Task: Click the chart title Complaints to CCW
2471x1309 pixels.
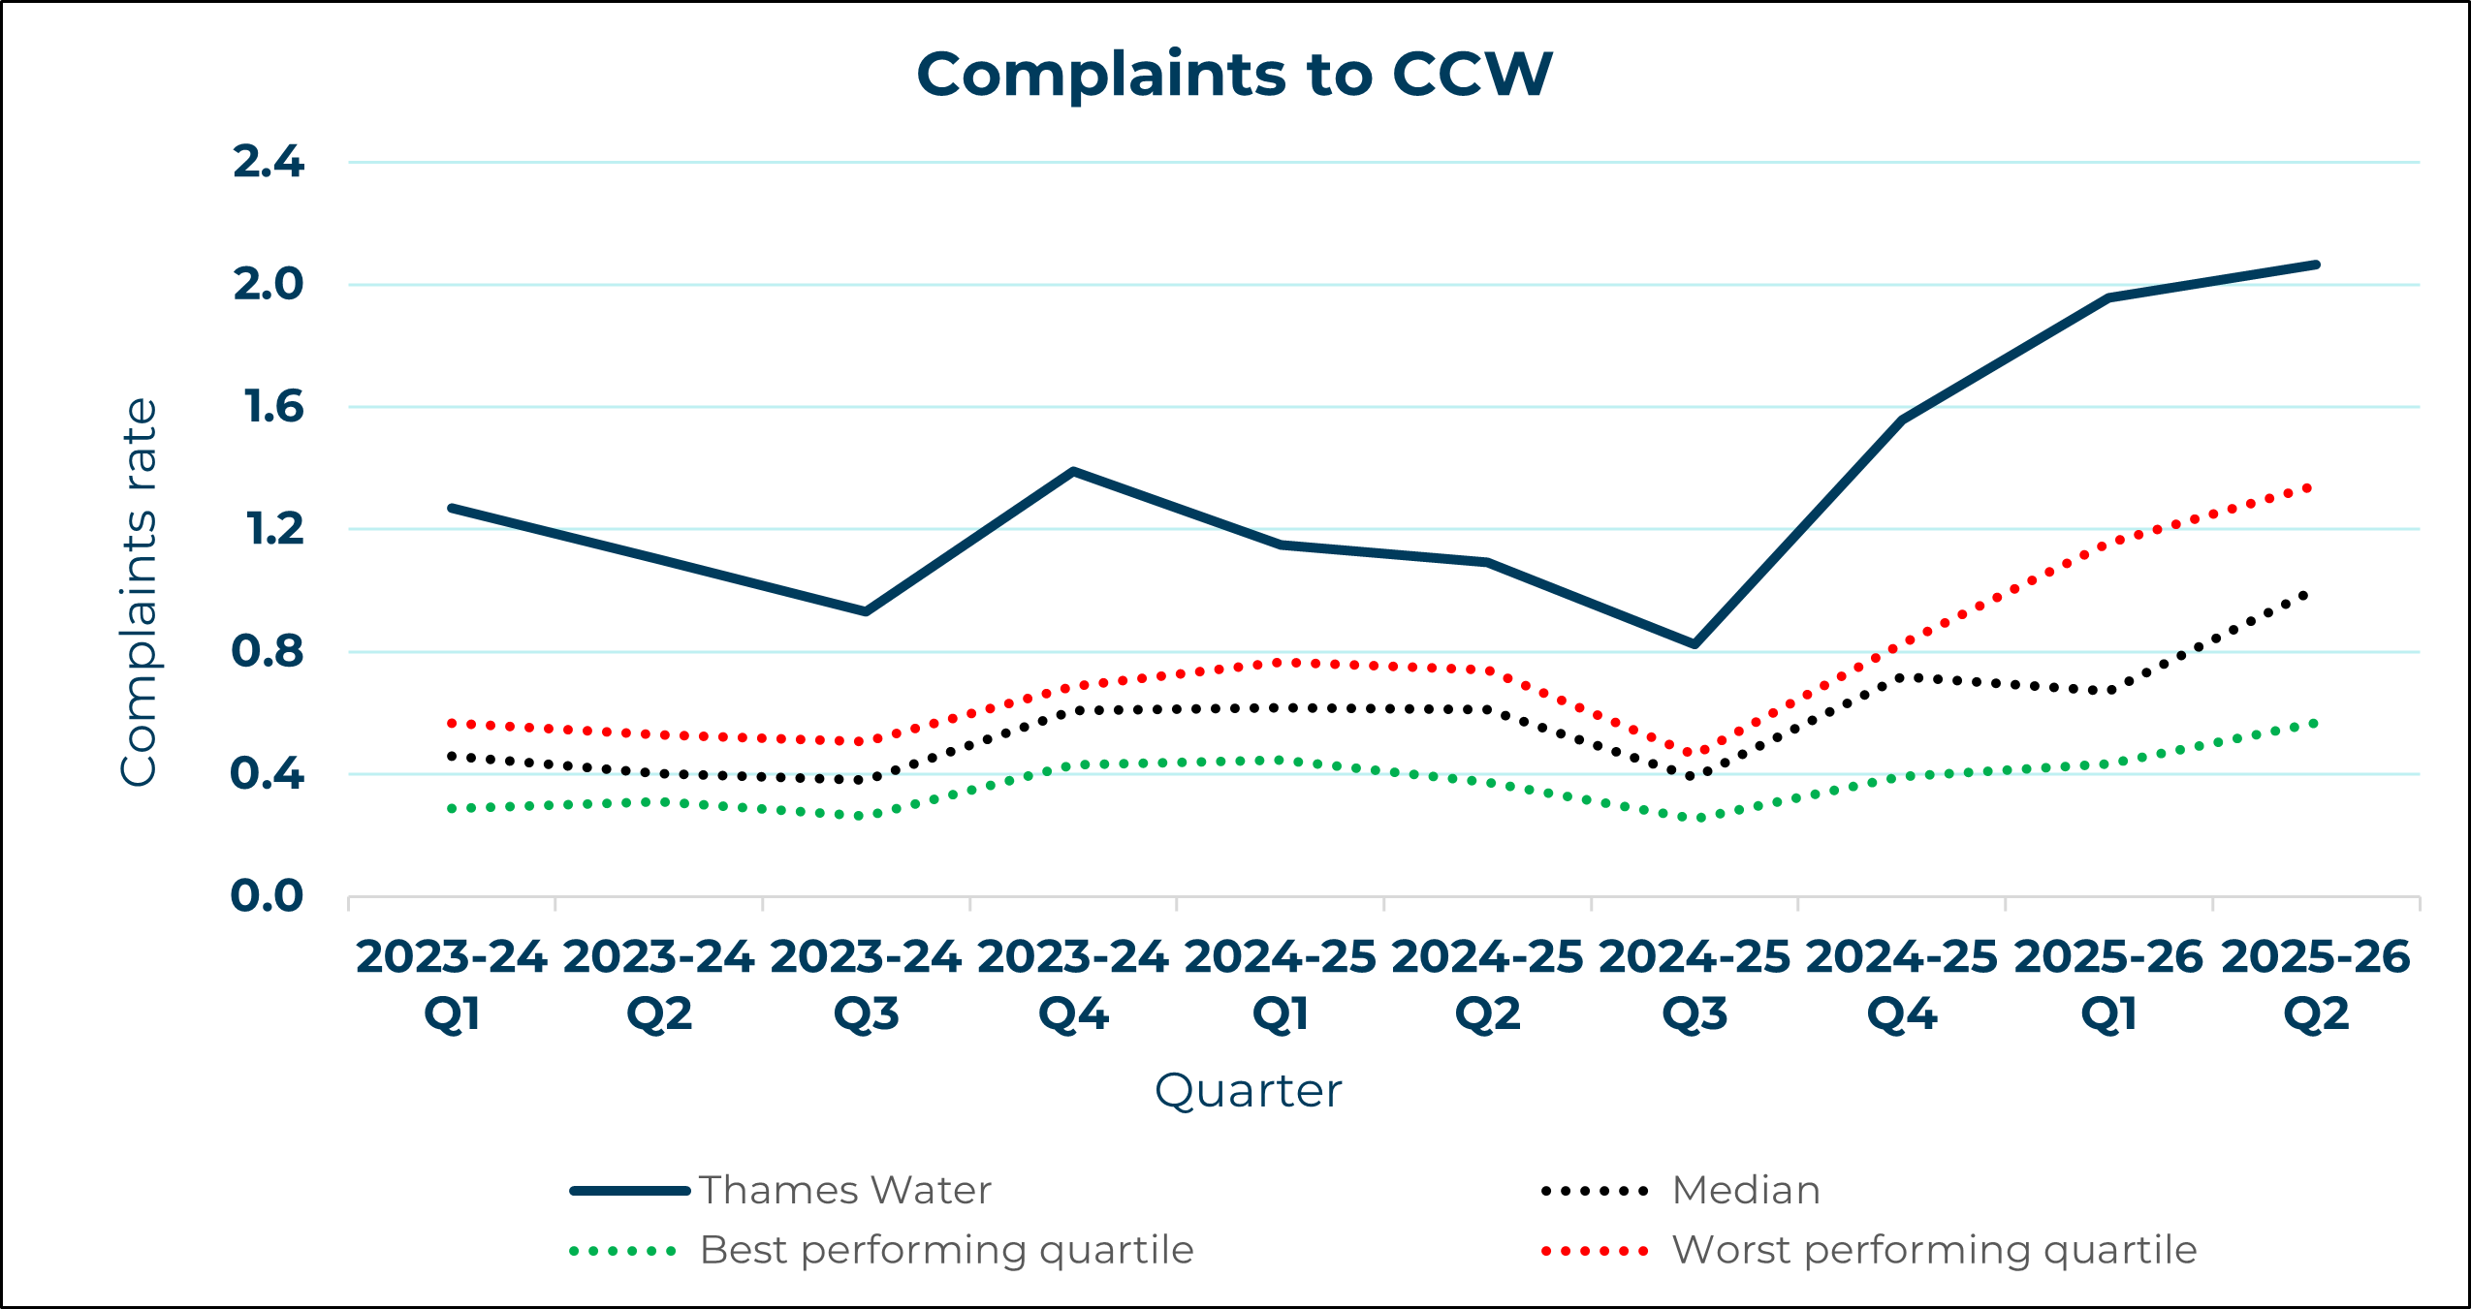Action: (1234, 75)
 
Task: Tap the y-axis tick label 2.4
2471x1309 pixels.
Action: (269, 162)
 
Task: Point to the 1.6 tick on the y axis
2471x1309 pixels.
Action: (274, 407)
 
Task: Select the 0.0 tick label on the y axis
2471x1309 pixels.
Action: (267, 896)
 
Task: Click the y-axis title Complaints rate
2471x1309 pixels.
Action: (139, 592)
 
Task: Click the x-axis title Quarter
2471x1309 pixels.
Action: (1248, 1091)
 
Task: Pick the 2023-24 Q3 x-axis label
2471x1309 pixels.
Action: (866, 984)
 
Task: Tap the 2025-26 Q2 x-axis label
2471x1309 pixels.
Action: (2315, 984)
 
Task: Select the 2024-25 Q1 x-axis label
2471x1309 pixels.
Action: (1280, 984)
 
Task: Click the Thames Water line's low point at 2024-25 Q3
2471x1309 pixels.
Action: (1694, 643)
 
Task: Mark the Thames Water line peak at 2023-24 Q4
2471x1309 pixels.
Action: (1073, 472)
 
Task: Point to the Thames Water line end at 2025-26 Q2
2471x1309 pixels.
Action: (2315, 265)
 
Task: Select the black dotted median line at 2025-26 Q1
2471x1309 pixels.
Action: (2108, 691)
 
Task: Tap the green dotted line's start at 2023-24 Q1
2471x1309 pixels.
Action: (453, 808)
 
